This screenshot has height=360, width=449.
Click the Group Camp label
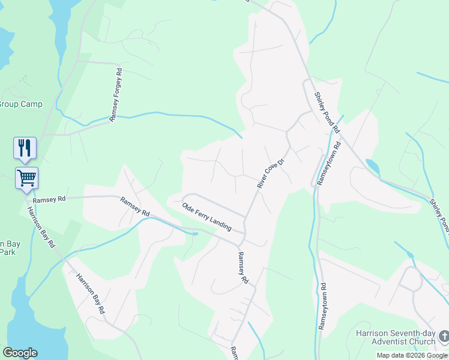(22, 104)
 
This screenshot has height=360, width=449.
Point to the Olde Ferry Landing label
(207, 217)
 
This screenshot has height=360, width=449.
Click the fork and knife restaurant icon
(25, 148)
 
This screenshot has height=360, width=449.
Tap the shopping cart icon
(26, 178)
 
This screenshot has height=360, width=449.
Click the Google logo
(20, 353)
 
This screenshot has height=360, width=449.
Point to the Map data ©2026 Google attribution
(412, 355)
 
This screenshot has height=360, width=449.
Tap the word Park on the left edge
(8, 252)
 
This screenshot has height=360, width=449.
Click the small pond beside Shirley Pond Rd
(372, 166)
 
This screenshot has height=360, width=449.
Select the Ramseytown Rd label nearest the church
(323, 306)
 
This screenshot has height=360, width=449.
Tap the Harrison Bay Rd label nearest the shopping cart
(41, 227)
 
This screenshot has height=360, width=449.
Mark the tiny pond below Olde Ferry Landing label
(194, 233)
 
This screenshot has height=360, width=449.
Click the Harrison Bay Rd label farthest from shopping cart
(91, 293)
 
